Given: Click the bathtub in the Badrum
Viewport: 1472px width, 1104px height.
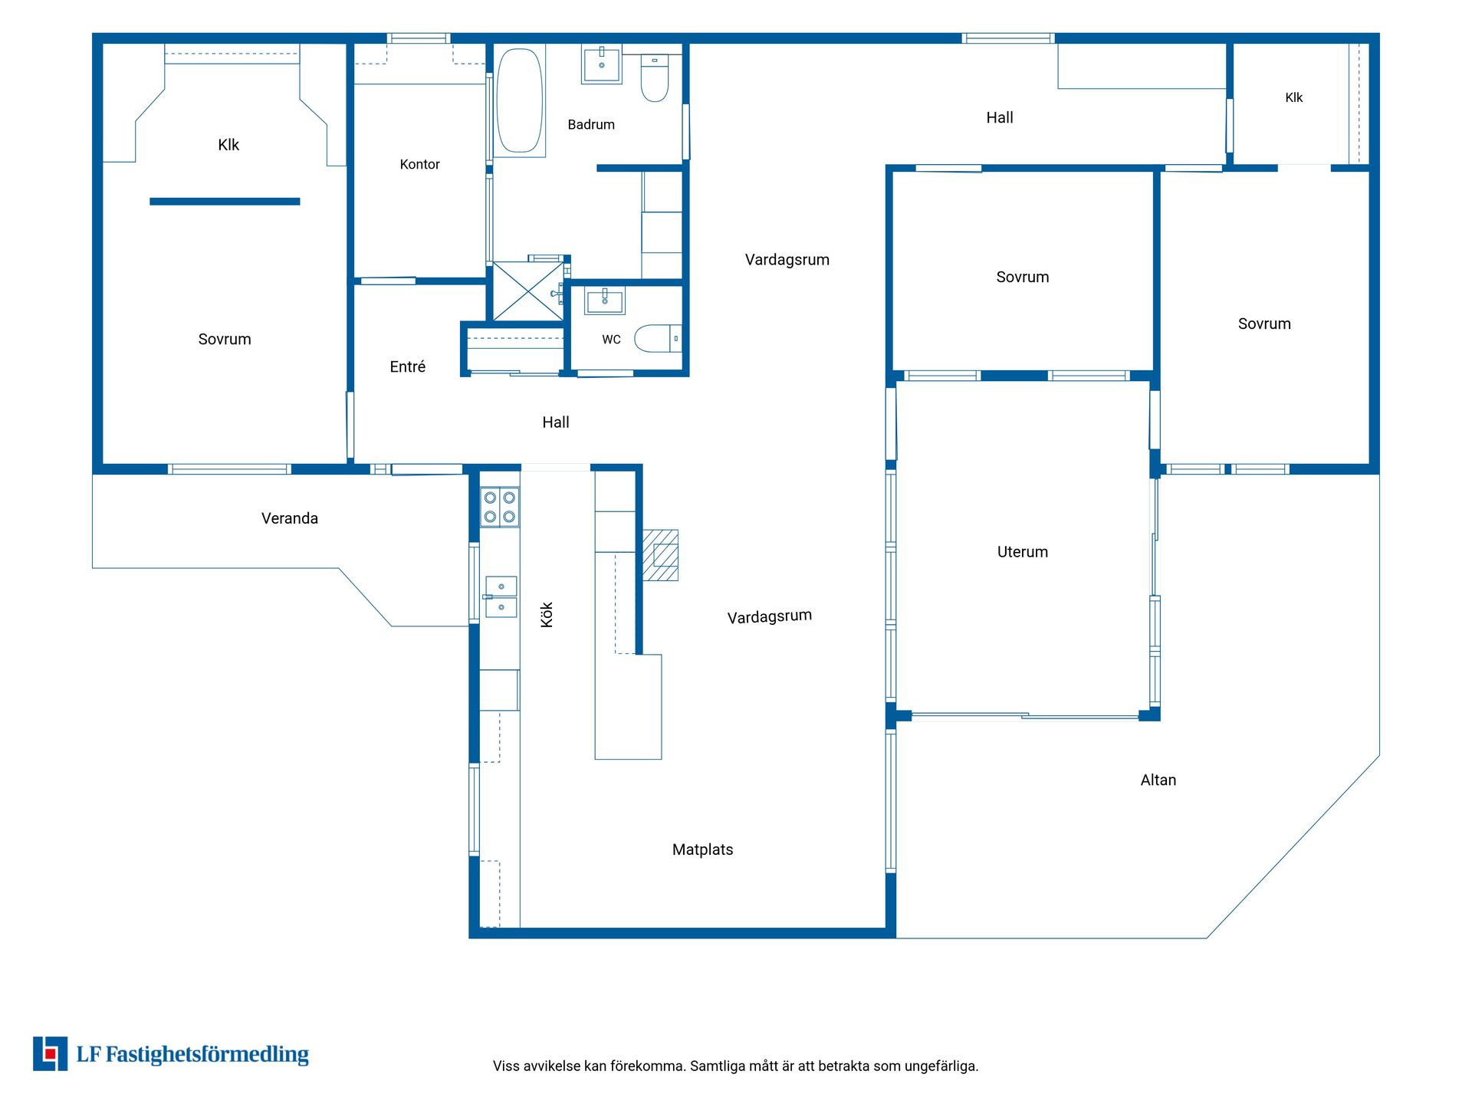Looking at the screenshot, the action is point(520,100).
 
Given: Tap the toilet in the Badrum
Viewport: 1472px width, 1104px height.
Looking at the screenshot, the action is point(655,77).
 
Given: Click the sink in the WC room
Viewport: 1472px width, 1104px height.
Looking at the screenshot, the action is point(605,301).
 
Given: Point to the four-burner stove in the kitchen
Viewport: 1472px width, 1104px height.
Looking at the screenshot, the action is point(500,507).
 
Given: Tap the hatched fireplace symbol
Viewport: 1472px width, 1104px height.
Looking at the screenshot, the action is point(660,555).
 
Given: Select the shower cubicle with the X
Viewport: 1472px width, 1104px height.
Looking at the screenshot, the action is point(527,291).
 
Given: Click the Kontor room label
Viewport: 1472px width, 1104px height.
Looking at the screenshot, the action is point(420,164).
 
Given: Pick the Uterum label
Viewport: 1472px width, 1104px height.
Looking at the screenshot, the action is point(1023,552).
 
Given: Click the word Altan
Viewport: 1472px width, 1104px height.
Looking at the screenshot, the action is point(1158,780).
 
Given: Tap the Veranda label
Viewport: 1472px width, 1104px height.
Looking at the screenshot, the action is point(290,518).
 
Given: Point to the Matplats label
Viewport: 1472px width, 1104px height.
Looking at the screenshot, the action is point(703,849).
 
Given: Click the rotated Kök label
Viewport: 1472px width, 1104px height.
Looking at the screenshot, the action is point(547,615).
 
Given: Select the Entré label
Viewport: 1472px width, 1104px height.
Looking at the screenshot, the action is point(408,366).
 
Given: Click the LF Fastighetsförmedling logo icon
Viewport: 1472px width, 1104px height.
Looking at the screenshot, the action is point(50,1054).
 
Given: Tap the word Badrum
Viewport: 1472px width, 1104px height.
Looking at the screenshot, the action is point(591,125).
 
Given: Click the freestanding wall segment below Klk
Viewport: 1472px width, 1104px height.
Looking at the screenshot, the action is point(225,202).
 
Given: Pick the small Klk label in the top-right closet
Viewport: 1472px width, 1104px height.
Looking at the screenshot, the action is point(1294,97).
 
